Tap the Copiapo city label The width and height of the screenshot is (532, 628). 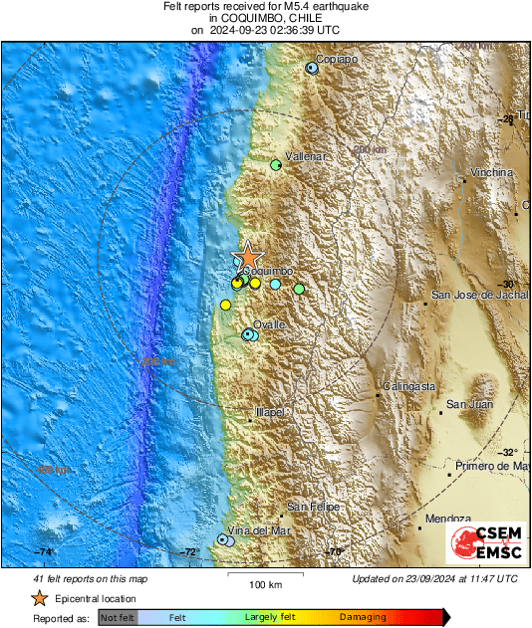point(337,59)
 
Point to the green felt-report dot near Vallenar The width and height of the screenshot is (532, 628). point(277,166)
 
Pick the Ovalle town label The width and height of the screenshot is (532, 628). point(268,325)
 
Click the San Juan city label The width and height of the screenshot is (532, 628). point(468,404)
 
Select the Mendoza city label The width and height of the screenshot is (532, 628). point(446,520)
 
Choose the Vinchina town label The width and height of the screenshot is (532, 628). point(492,172)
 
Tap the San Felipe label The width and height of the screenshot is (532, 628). point(314,508)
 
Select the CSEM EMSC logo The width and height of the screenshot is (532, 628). point(482,543)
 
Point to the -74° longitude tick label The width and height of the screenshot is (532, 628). point(45,551)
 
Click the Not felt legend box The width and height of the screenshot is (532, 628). point(118,618)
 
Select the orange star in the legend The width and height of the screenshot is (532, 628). point(39,598)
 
